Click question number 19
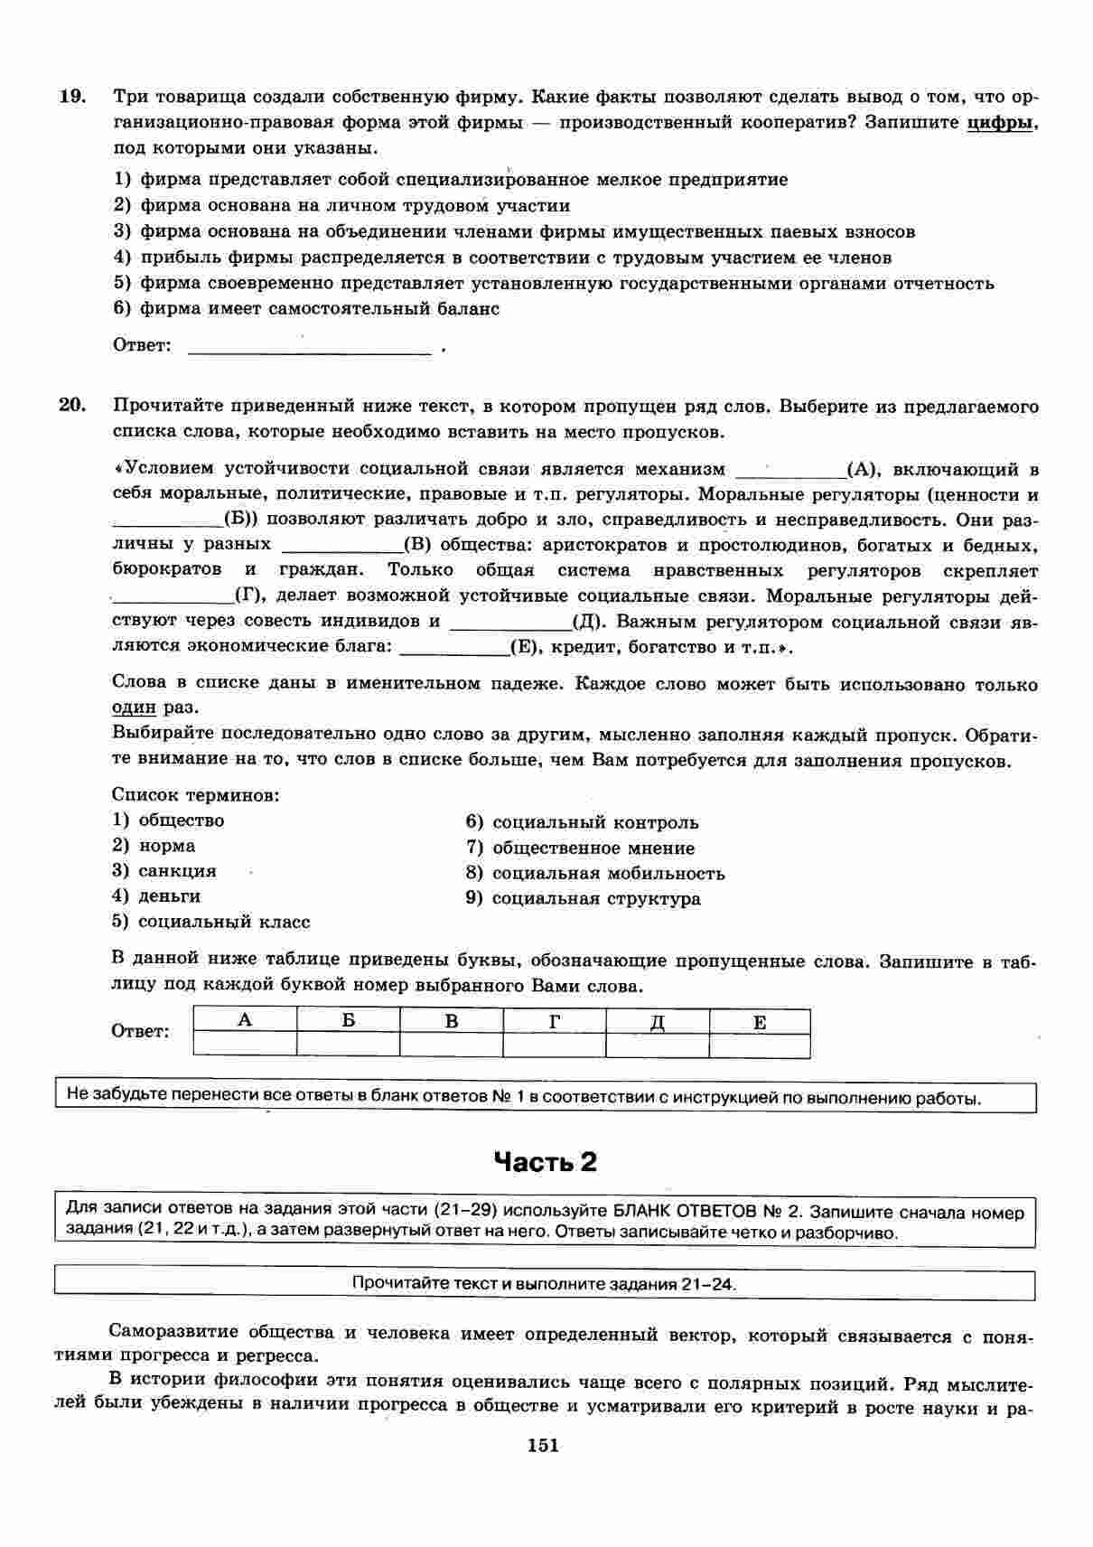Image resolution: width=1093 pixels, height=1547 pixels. [x=71, y=97]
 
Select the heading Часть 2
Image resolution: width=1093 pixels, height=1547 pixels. [x=546, y=1162]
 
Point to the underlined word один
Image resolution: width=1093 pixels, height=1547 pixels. [x=133, y=708]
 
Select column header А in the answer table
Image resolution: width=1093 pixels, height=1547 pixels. [x=245, y=1020]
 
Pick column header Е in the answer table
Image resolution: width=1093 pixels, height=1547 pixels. [x=760, y=1022]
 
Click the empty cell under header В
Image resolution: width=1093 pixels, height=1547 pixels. [x=451, y=1045]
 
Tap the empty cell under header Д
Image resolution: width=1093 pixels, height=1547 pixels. [x=657, y=1045]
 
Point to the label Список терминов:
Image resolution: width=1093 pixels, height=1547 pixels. [x=195, y=795]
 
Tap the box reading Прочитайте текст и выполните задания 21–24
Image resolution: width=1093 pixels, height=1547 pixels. [x=545, y=1284]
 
